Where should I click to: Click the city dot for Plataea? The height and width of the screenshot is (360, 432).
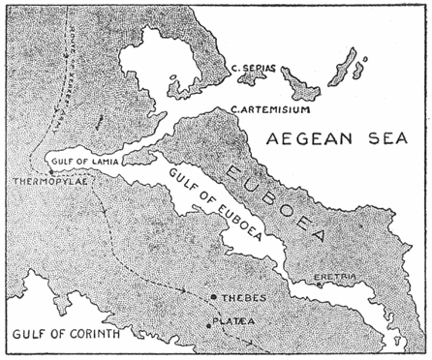pyautogui.click(x=209, y=324)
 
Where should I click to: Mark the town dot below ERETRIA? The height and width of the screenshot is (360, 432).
pyautogui.click(x=321, y=285)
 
